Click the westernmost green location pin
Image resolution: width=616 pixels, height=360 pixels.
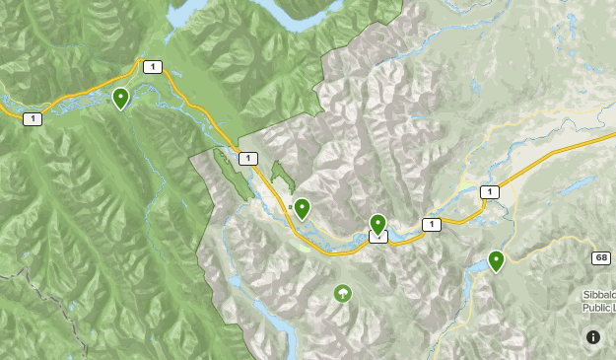pos(120,98)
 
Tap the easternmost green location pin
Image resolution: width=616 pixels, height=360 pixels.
pos(496,260)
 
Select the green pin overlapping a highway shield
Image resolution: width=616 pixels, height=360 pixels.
pos(377,224)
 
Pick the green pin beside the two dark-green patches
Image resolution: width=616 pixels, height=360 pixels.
pos(302,208)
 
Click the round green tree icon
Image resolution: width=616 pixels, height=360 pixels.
pos(342,293)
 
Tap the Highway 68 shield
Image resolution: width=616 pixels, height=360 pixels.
pos(601,257)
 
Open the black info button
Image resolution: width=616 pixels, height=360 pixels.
pos(593,337)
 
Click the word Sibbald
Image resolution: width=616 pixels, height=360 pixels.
pos(597,295)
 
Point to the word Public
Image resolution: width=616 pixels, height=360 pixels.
pos(595,307)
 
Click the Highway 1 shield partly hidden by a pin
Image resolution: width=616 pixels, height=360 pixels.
pos(378,236)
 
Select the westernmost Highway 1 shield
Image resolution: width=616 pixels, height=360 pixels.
pos(33,118)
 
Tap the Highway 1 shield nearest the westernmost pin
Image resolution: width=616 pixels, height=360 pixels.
pos(151,67)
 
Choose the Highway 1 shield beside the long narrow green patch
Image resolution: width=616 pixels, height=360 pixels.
pos(247,158)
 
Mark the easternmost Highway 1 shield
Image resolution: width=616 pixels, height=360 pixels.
pos(489,191)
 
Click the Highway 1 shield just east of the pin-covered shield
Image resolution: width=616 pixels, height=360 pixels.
pos(431,225)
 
